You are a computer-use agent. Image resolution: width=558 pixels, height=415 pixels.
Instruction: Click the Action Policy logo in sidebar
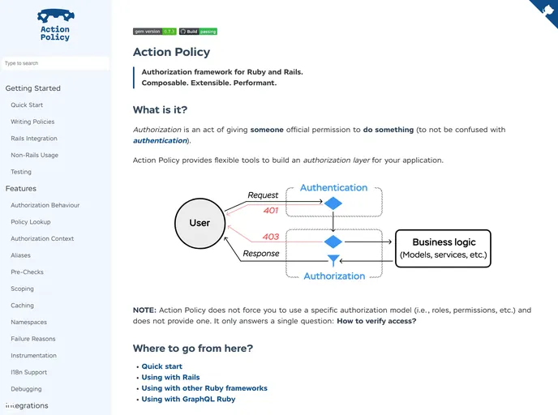click(x=55, y=25)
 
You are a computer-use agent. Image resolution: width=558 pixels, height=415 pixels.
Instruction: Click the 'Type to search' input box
click(x=55, y=63)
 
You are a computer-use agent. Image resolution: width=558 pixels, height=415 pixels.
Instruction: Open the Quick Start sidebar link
click(x=27, y=105)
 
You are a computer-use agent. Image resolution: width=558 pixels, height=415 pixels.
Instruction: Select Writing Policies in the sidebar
click(x=32, y=122)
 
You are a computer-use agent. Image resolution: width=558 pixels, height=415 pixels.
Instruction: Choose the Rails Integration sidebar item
click(x=34, y=139)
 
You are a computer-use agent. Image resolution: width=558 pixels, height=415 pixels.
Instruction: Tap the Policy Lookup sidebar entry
click(x=31, y=222)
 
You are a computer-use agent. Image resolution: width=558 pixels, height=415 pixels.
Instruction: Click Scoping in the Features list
click(x=23, y=289)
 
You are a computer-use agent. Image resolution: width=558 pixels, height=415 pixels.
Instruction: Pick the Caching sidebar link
click(x=23, y=306)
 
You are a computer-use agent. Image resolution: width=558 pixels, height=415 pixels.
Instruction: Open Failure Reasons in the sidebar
click(x=33, y=339)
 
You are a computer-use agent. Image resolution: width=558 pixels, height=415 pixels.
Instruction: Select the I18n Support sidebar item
click(x=29, y=372)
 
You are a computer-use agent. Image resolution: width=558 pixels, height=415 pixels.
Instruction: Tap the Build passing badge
click(x=198, y=32)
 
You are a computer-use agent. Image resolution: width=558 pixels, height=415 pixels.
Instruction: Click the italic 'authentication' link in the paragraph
click(x=161, y=141)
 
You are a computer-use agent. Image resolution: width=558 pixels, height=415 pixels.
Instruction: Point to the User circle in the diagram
click(x=200, y=223)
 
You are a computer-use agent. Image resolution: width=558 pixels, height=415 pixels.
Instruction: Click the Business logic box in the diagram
click(x=444, y=249)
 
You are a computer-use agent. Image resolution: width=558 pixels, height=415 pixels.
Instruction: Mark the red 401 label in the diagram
click(x=272, y=211)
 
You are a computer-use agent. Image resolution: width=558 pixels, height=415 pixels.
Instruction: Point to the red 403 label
click(x=271, y=237)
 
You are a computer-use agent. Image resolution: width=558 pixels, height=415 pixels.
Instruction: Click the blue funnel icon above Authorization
click(x=333, y=261)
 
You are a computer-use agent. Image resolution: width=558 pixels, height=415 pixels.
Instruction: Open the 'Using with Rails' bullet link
click(x=170, y=378)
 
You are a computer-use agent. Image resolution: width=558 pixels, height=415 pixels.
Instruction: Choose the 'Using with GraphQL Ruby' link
click(x=188, y=399)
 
